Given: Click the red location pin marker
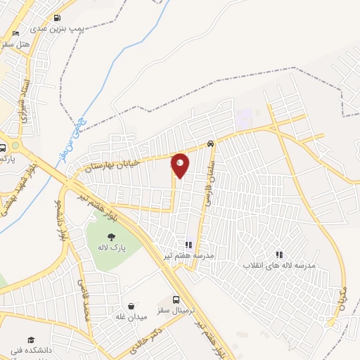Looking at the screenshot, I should click(x=180, y=165).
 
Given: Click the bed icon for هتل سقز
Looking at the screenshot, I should click(x=16, y=32).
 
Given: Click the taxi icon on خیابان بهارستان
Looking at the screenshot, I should click(x=211, y=144).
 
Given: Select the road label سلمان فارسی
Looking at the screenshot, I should click(x=209, y=181).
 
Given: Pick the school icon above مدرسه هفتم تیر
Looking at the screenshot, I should click(x=188, y=245).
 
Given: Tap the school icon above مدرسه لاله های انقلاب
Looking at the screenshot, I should click(x=279, y=255).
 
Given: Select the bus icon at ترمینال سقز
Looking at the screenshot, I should click(x=176, y=299).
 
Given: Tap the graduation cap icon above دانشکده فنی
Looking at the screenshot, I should click(x=30, y=340).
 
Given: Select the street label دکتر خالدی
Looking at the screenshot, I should click(x=148, y=340).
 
